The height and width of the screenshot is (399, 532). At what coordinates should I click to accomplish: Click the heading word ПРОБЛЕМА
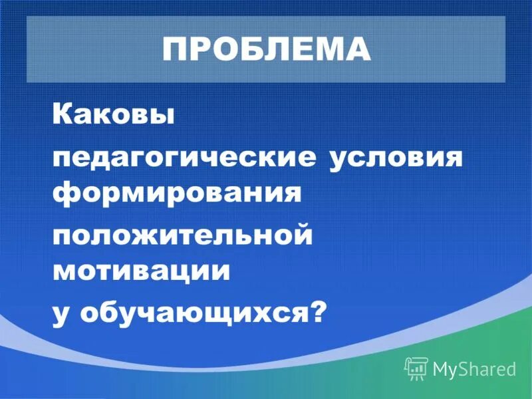coord(266,50)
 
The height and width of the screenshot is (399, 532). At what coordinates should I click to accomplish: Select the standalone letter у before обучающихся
coord(61,314)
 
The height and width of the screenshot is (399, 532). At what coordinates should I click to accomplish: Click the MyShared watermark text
coord(474,368)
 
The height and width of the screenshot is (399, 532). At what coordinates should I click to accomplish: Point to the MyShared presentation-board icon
coord(416,368)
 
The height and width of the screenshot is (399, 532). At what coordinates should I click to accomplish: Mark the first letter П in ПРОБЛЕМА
coord(176,50)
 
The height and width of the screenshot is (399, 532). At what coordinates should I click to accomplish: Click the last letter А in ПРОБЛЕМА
coord(358,50)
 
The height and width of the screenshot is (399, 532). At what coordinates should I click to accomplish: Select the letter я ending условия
coord(452,160)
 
